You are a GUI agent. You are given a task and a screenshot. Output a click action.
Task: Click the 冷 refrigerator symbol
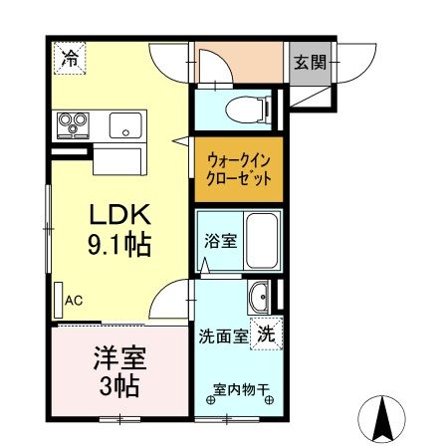point(70,58)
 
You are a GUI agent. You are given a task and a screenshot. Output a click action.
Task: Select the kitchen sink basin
point(125,125)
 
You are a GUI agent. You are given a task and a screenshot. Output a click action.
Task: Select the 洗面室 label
point(224,336)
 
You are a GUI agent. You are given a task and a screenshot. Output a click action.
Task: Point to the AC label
point(74,299)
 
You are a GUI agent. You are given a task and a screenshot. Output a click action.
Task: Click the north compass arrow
point(381,419)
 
